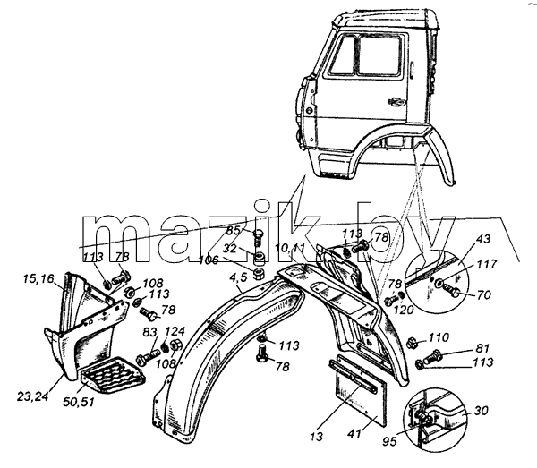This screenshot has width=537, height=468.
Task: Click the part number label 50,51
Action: pos(79,401)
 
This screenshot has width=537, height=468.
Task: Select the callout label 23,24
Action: pos(33,396)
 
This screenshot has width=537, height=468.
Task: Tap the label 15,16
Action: pos(38,278)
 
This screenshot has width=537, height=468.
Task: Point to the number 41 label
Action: pos(354,434)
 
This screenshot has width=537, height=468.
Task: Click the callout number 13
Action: pos(317,437)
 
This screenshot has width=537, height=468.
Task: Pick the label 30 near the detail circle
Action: pos(481,410)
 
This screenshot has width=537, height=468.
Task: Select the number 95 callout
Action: pos(389,441)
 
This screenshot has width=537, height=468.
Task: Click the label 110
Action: pos(439,337)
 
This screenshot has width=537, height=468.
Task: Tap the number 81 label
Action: pos(482,348)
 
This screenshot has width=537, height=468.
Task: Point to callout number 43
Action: pos(483,239)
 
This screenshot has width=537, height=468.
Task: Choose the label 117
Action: pos(486,264)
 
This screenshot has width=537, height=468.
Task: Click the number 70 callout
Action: pos(483,294)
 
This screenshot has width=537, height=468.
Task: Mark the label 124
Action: pos(175,331)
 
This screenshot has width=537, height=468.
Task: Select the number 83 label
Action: pos(149,332)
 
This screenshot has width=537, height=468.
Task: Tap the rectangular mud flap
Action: pos(358,390)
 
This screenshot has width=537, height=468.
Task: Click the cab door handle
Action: pos(396,101)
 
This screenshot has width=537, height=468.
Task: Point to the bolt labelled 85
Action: pos(259,238)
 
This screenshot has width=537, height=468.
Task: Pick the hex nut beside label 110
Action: pos(412,342)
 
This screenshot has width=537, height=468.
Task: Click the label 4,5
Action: pos(238,277)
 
